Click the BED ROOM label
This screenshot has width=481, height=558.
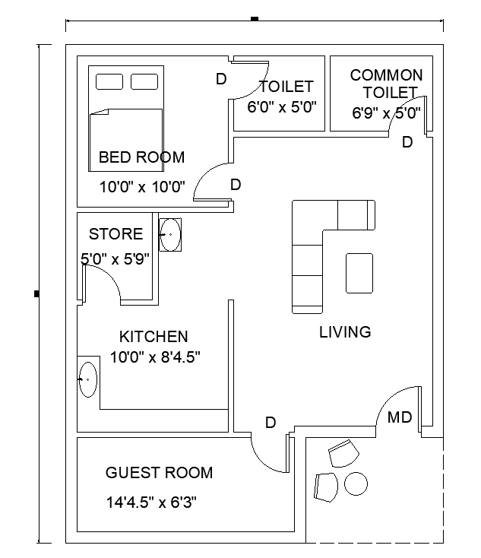pyautogui.click(x=141, y=158)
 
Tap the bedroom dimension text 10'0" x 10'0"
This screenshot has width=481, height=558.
pyautogui.click(x=142, y=186)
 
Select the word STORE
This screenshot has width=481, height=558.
pyautogui.click(x=116, y=234)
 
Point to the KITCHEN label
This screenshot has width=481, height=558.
pyautogui.click(x=153, y=337)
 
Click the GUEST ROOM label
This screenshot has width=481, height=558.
pyautogui.click(x=159, y=473)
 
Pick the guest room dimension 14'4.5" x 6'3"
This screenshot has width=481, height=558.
pyautogui.click(x=153, y=502)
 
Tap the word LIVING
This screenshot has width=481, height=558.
pyautogui.click(x=345, y=332)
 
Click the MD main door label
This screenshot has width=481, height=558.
pyautogui.click(x=400, y=417)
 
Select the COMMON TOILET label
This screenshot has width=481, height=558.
pyautogui.click(x=387, y=84)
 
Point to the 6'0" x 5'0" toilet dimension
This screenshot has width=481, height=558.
pyautogui.click(x=282, y=107)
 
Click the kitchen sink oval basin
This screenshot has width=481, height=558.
pyautogui.click(x=88, y=378)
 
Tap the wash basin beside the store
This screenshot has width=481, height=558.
pyautogui.click(x=170, y=234)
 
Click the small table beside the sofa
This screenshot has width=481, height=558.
pyautogui.click(x=359, y=273)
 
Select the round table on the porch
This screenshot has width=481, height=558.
pyautogui.click(x=356, y=483)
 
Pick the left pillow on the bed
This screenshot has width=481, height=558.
pyautogui.click(x=109, y=81)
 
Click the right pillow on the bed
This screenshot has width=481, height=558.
pyautogui.click(x=144, y=81)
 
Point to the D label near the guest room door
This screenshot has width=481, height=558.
pyautogui.click(x=270, y=423)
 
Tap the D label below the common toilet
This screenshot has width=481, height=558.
pyautogui.click(x=407, y=142)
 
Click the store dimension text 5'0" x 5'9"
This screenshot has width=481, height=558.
pyautogui.click(x=116, y=258)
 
